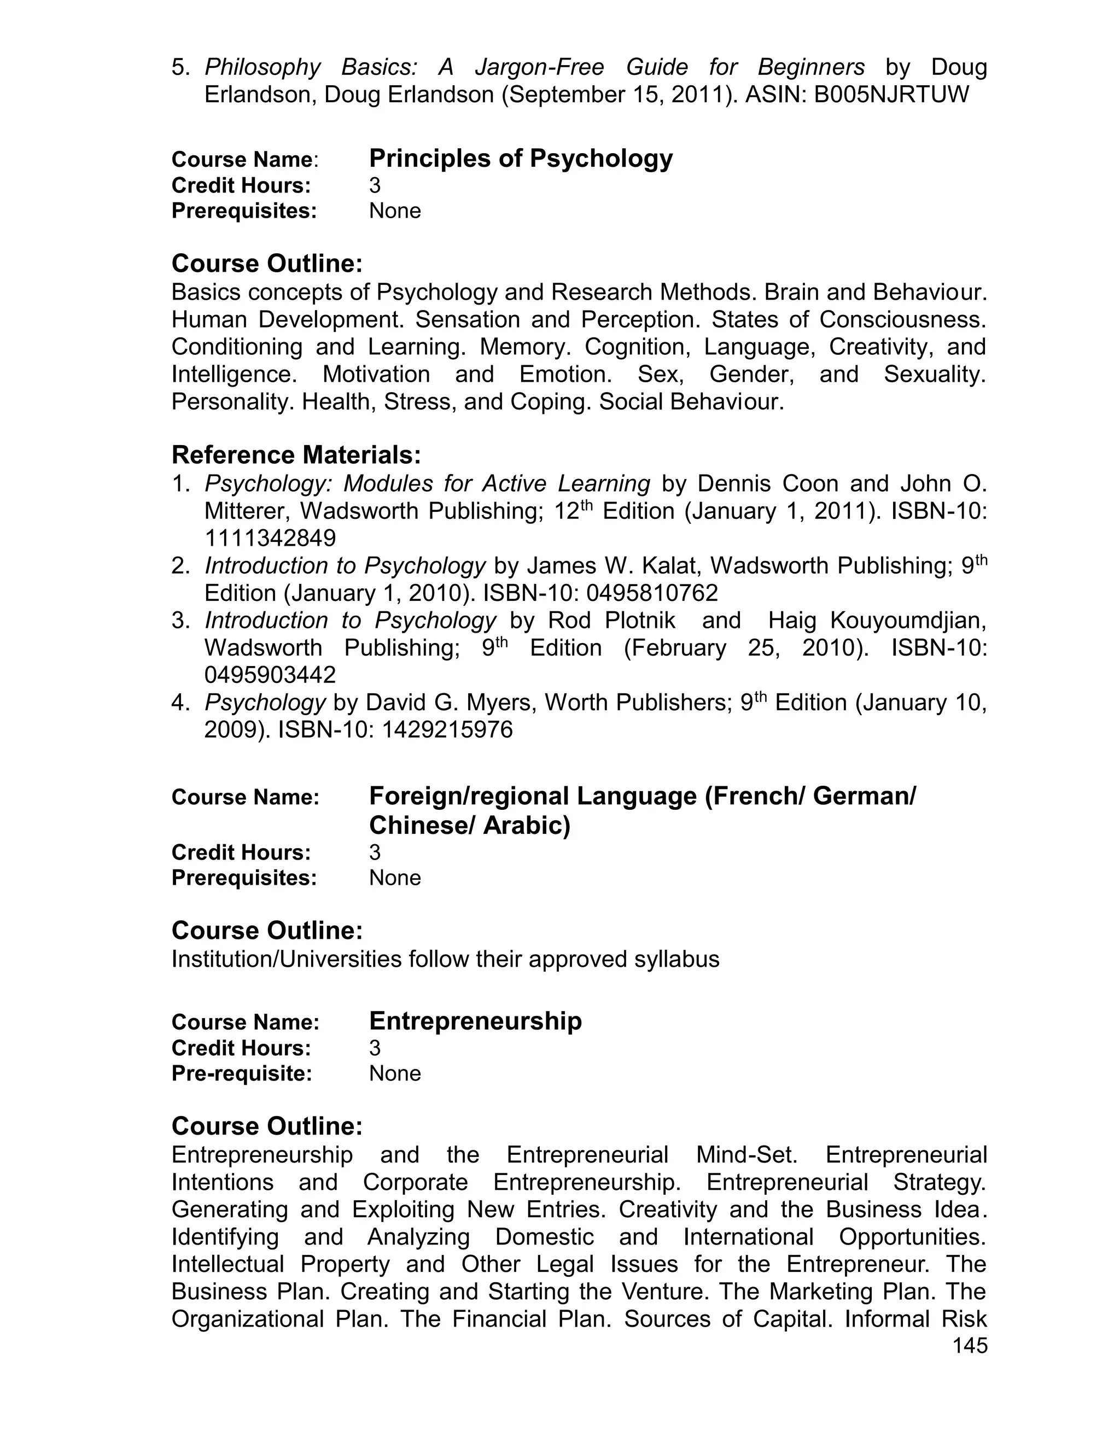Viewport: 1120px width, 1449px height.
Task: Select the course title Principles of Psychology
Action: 521,159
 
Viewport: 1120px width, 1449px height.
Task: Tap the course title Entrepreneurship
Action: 475,1020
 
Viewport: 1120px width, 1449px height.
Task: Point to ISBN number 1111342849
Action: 270,538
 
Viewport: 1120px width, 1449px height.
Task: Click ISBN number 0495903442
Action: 270,675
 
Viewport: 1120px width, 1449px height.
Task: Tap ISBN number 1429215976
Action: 447,730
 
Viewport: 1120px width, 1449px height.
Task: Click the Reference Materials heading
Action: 296,455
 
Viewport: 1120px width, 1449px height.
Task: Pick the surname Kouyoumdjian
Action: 908,621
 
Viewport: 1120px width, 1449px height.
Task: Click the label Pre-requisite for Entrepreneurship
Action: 242,1073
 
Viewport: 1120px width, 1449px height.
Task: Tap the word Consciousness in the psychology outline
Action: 902,320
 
